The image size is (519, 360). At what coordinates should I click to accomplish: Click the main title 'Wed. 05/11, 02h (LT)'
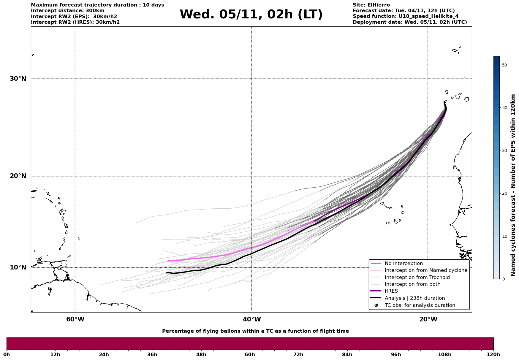pyautogui.click(x=251, y=15)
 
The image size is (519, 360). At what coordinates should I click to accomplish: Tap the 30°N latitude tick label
pyautogui.click(x=18, y=79)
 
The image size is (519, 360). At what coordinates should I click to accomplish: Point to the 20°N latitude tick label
pyautogui.click(x=18, y=176)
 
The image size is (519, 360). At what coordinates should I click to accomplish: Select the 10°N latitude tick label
pyautogui.click(x=18, y=267)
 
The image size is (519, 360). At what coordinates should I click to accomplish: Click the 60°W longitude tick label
pyautogui.click(x=75, y=319)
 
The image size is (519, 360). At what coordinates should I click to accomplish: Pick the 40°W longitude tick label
pyautogui.click(x=252, y=319)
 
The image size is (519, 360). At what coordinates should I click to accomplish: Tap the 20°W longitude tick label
pyautogui.click(x=428, y=319)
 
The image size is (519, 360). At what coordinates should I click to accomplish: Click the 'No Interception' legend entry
pyautogui.click(x=404, y=264)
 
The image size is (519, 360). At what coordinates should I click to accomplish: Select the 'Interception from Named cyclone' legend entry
pyautogui.click(x=426, y=270)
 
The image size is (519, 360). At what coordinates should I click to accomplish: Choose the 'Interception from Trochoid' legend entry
pyautogui.click(x=417, y=277)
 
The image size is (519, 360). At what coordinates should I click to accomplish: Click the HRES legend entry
pyautogui.click(x=391, y=291)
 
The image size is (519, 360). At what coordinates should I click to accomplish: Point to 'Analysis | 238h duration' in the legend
pyautogui.click(x=414, y=298)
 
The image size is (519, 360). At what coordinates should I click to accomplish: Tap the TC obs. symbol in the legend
pyautogui.click(x=376, y=305)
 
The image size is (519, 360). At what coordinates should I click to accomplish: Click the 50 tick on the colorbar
pyautogui.click(x=504, y=65)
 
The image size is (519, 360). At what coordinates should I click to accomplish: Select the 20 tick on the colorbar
pyautogui.click(x=504, y=194)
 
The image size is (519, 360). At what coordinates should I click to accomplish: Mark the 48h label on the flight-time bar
pyautogui.click(x=201, y=354)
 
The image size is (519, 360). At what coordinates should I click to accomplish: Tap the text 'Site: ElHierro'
pyautogui.click(x=371, y=5)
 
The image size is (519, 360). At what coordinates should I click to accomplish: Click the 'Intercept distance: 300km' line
pyautogui.click(x=68, y=11)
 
